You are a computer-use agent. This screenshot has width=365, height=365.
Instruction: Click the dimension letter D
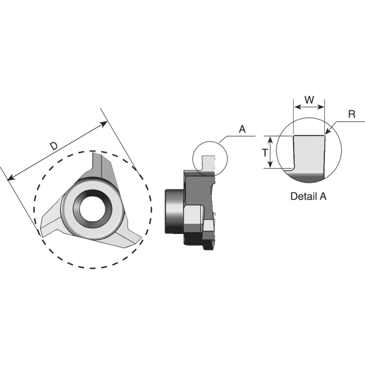(53, 146)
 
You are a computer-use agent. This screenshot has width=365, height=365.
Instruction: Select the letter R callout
(351, 114)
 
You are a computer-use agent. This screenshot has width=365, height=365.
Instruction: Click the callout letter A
(242, 130)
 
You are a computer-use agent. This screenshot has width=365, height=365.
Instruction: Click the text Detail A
(309, 197)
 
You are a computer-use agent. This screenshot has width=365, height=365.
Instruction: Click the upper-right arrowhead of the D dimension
(104, 123)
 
